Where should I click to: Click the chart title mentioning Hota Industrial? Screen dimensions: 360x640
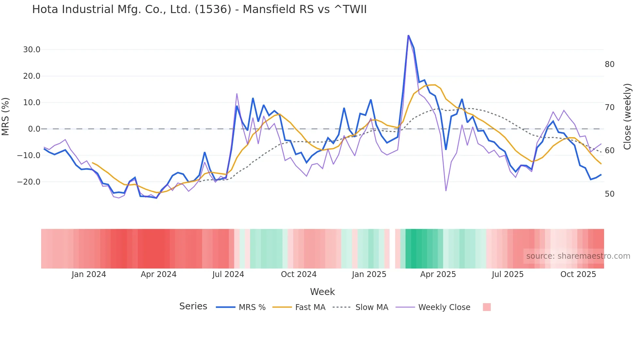coord(199,9)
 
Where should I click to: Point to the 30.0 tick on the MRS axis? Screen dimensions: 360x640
coord(32,50)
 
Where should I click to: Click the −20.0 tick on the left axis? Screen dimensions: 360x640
coord(29,182)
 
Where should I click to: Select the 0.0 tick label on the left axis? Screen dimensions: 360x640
coord(34,129)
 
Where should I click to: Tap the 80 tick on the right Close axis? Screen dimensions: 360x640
coord(609,64)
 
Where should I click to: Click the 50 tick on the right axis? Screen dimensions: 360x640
coord(609,194)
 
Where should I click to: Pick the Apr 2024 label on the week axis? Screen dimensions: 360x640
coord(158,274)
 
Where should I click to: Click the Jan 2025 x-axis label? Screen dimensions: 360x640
coord(369,274)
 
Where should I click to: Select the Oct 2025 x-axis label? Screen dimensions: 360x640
coord(578,274)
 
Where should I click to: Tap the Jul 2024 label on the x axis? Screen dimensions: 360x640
coord(228,274)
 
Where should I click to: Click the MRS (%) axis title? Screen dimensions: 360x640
coord(6,116)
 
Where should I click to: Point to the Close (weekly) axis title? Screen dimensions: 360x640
coord(627,116)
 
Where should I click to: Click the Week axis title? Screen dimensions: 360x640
coord(322,292)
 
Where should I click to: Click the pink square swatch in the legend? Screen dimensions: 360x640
coord(487,307)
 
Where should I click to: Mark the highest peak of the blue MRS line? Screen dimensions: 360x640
coord(408,35)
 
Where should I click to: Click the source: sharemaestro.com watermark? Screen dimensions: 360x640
coord(578,256)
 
